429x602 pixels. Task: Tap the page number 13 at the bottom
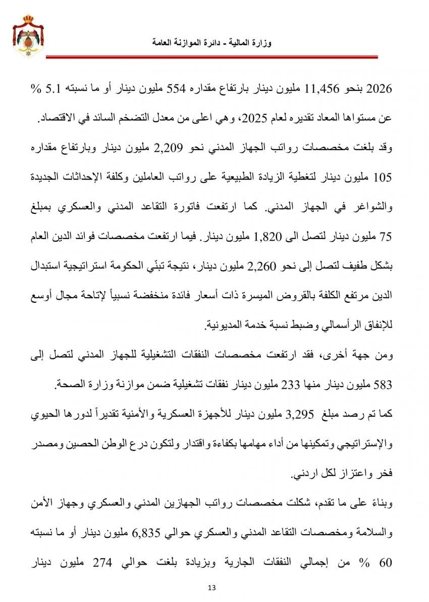tap(211, 587)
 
